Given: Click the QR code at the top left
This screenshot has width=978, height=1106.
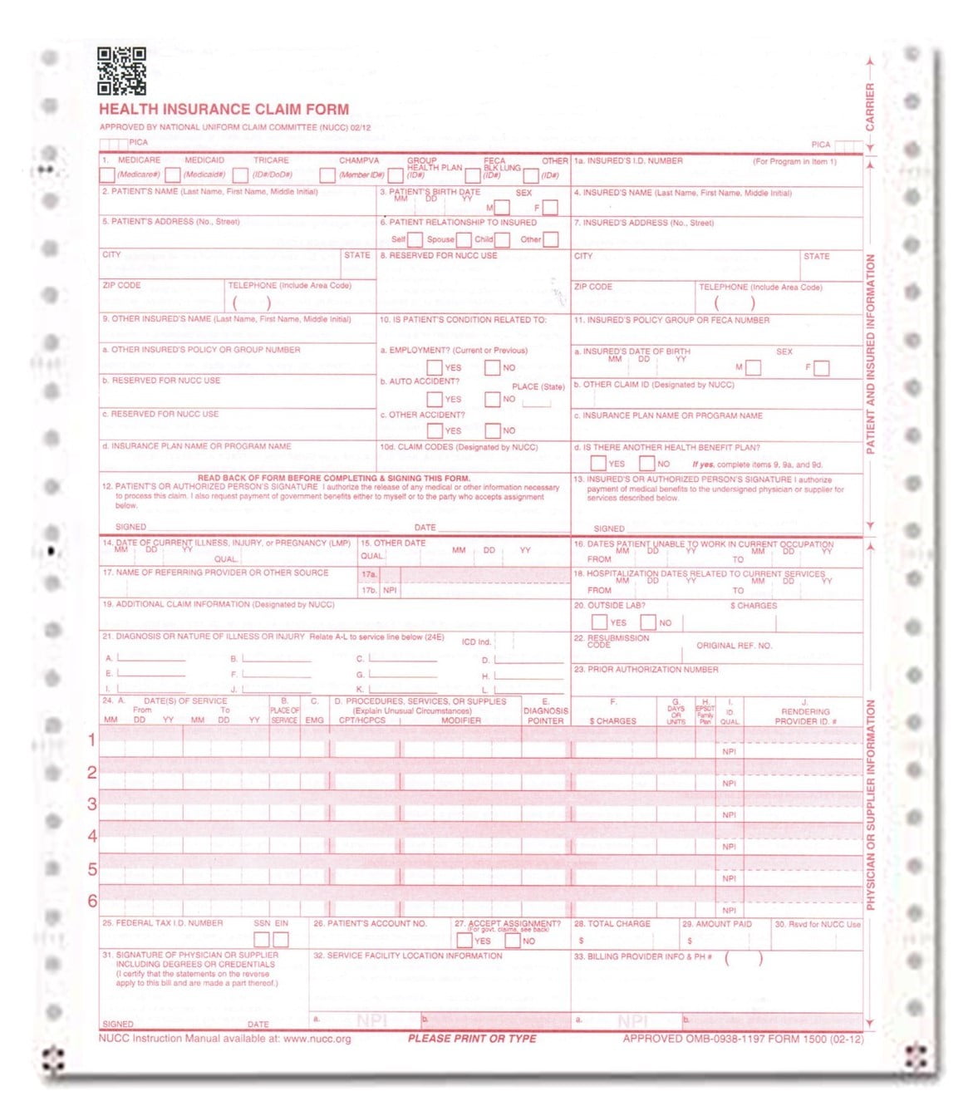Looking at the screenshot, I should point(121,71).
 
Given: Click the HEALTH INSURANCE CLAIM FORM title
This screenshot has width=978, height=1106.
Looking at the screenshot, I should point(224,109).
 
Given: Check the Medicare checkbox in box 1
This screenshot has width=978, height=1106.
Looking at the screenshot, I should point(107,175).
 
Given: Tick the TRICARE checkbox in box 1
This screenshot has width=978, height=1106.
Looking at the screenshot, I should point(241,175).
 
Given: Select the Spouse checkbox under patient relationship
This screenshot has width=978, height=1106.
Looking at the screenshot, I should point(464,240).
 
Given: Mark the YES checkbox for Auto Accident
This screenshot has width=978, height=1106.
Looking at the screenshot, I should point(435,399).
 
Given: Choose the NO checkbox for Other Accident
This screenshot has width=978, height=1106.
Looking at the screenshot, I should point(493,430).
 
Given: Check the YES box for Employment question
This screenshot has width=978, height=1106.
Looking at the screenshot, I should point(435,367).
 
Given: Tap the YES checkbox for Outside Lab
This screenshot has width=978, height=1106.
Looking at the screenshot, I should point(599,622).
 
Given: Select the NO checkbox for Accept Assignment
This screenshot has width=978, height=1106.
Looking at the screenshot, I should point(513,941).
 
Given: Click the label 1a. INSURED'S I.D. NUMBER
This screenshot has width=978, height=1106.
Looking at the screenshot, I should point(628,161).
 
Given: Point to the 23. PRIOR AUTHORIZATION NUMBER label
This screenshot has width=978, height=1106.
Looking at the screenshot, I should point(646,669).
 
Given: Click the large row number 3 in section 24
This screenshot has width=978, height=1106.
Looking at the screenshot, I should point(92,804).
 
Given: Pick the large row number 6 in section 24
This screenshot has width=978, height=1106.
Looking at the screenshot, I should point(92,901).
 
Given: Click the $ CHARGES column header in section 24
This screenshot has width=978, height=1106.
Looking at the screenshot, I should point(613,721).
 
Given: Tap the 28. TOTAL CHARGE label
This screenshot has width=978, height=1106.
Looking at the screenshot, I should point(612,924).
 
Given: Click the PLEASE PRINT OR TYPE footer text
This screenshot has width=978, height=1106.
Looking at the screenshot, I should point(472,1039).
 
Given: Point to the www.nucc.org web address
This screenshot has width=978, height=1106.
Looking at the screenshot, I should point(317,1039).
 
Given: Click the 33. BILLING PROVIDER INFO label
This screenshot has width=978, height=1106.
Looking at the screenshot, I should point(642,956).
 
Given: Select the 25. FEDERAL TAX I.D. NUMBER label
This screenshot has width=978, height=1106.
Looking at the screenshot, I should point(162,923).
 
